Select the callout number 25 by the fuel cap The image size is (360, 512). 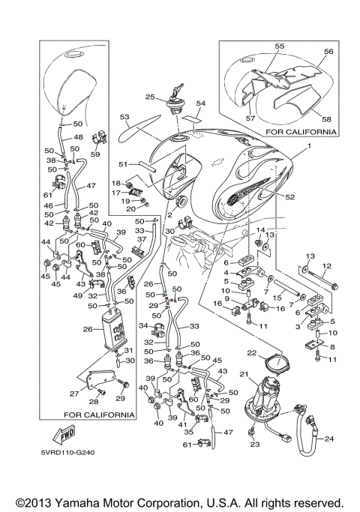click(150, 97)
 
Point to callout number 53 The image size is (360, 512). click(124, 117)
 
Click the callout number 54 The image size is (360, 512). click(200, 103)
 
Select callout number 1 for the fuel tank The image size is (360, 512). click(309, 146)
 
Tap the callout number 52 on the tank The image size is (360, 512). click(289, 197)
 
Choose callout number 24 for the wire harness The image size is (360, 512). click(329, 439)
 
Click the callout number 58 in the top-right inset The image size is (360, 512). click(326, 119)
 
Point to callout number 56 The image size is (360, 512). click(328, 51)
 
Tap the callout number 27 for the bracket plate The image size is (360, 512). click(74, 394)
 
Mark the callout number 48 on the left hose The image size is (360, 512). click(79, 137)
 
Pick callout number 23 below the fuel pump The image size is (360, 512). click(254, 444)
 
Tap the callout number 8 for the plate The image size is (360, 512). click(332, 347)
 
